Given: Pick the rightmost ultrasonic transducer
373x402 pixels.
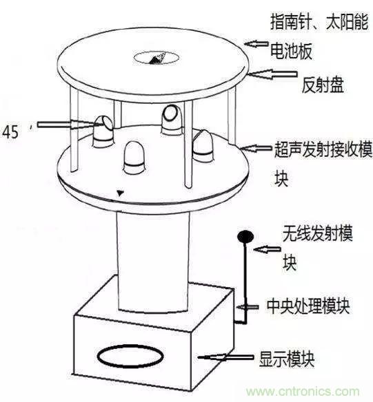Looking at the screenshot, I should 204,142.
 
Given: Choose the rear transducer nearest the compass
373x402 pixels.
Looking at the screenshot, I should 170,118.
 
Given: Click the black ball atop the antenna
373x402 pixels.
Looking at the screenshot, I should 245,237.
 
